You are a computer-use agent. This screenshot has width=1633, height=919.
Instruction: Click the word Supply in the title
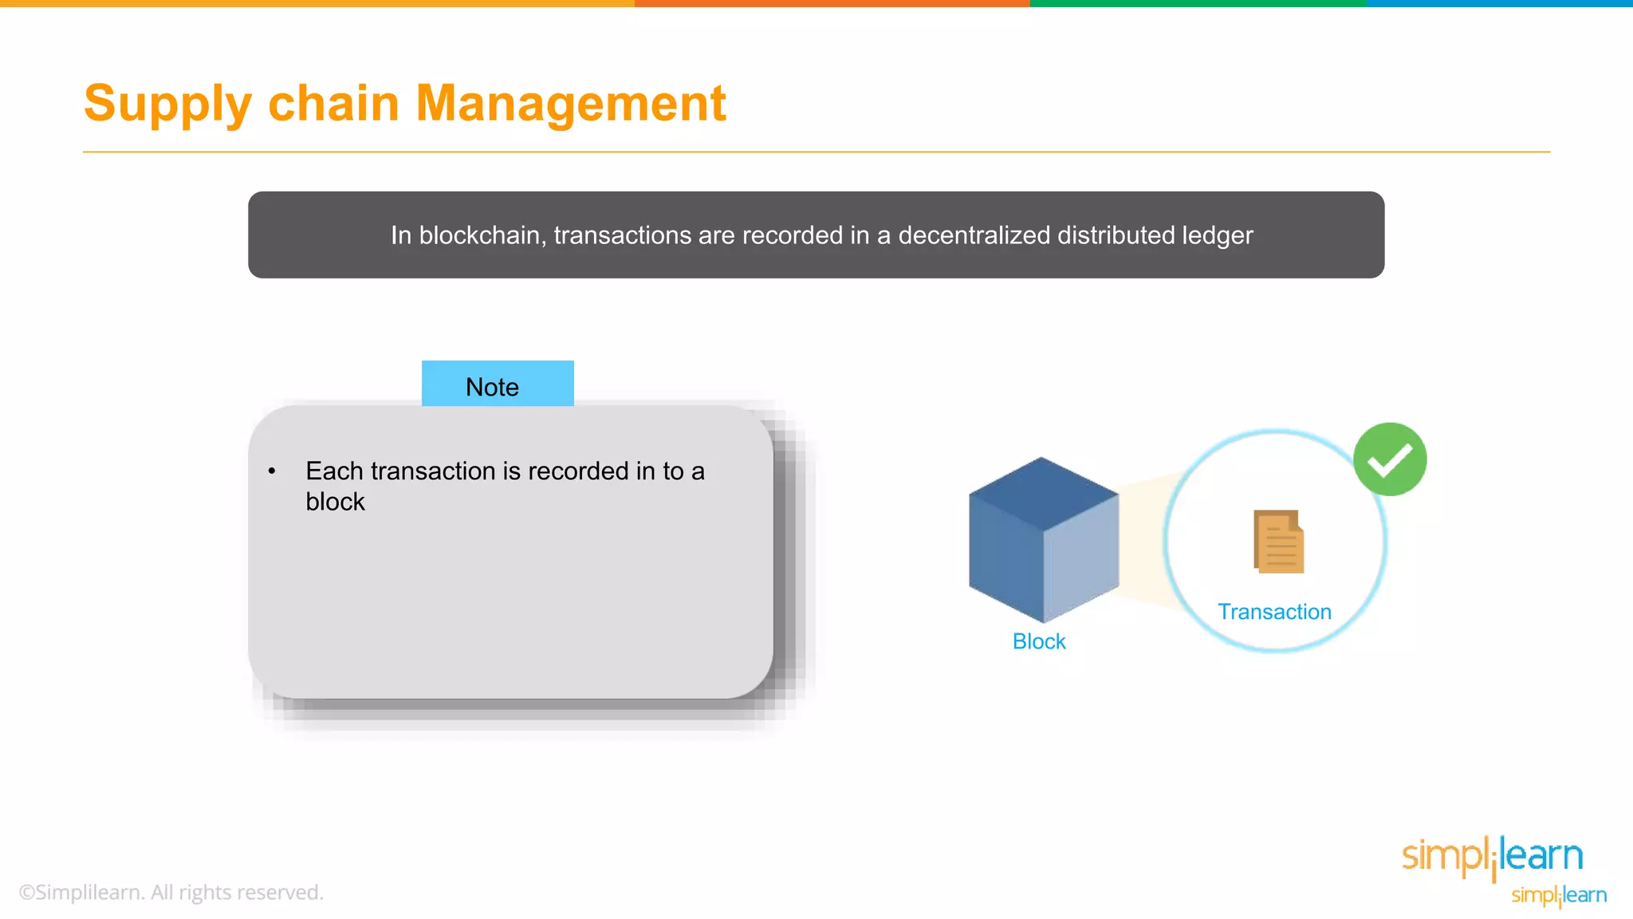tap(168, 105)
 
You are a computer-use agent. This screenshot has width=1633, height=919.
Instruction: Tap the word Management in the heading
tap(571, 103)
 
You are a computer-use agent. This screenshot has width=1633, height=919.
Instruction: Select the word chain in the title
tap(333, 103)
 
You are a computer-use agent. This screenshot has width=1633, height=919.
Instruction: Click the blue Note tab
tap(498, 385)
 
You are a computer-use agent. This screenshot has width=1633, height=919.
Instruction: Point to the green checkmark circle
tap(1390, 459)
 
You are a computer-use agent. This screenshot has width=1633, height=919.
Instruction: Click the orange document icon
tap(1279, 542)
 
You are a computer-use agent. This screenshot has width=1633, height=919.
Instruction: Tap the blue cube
tap(1043, 539)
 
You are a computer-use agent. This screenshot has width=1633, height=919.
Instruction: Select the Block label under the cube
tap(1038, 641)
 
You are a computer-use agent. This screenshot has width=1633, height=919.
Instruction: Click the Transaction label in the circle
tap(1274, 612)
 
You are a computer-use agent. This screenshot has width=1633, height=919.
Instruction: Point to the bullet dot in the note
tap(272, 471)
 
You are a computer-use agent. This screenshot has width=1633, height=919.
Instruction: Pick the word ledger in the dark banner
tap(1218, 235)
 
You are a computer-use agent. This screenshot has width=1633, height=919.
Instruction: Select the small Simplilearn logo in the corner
tap(1559, 896)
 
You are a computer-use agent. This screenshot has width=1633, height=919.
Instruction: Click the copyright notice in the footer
tap(171, 892)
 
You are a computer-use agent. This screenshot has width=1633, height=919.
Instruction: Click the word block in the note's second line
tap(335, 502)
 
